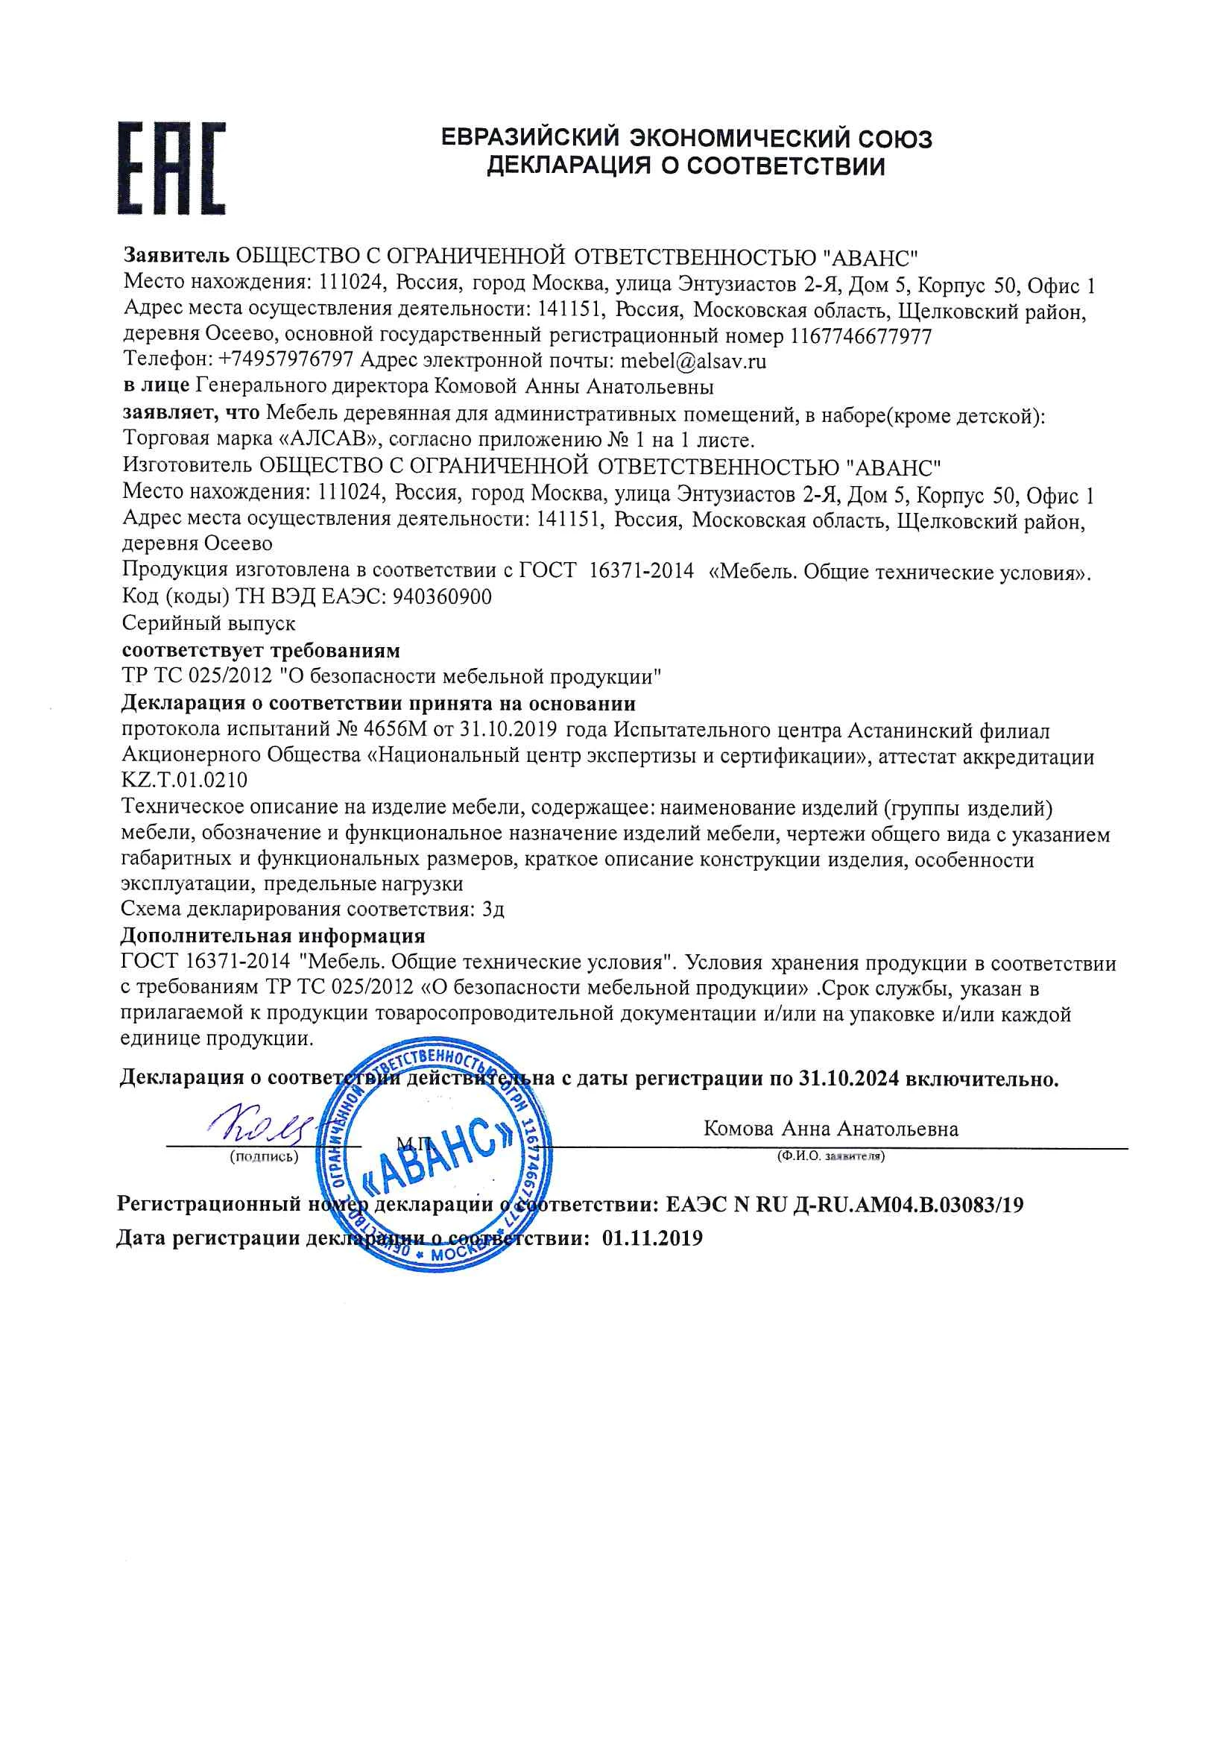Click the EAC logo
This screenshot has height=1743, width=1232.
(x=172, y=168)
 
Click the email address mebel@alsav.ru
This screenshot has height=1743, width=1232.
(x=693, y=361)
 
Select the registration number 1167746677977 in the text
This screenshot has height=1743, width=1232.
(x=861, y=335)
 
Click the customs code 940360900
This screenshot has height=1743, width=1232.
(x=442, y=597)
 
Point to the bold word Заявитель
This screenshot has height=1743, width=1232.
(x=176, y=256)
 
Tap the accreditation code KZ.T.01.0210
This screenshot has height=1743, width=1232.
(x=184, y=780)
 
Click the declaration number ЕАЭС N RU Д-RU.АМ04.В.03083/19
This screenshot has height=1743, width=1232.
(x=844, y=1204)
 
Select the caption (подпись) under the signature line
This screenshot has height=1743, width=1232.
(x=263, y=1157)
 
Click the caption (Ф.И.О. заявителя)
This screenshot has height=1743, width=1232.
(x=830, y=1157)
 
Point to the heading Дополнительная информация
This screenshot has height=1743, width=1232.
(x=274, y=936)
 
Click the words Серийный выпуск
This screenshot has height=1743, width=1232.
(x=209, y=623)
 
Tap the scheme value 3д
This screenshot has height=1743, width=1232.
(x=493, y=909)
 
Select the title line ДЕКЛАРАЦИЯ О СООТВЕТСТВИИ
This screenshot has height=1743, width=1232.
(x=686, y=166)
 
